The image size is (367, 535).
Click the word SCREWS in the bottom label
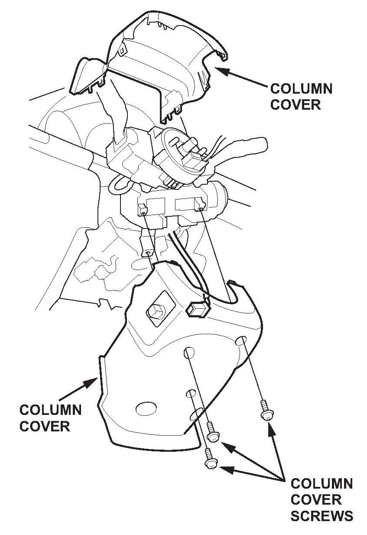coord(322,516)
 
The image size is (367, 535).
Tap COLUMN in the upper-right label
coord(301,89)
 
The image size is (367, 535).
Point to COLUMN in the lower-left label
coord(50,410)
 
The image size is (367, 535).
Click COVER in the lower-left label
coord(45,426)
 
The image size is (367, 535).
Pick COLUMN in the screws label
coord(322,484)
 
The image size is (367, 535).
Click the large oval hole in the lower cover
coord(146,408)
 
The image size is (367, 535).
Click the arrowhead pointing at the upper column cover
coord(219,68)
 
